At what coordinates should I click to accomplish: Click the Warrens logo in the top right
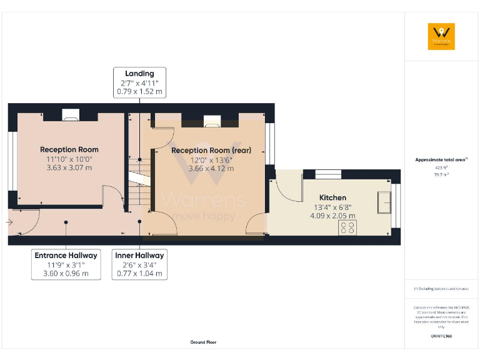pos(441,36)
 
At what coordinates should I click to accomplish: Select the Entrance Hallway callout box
pos(66,264)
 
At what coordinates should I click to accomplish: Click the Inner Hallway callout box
pos(139,264)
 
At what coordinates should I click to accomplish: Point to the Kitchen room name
pos(333,197)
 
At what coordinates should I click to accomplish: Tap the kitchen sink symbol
pos(382,202)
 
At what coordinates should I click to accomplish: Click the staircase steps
pos(139,174)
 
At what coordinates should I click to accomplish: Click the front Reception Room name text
pos(69,149)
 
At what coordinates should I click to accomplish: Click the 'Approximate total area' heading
pos(441,160)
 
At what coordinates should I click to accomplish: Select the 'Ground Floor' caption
pos(204,342)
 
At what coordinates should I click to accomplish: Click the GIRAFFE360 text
pos(441,336)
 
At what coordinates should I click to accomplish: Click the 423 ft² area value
pos(441,167)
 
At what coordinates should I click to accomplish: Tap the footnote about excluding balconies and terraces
pos(441,289)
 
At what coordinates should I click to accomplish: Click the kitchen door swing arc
pos(285,194)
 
